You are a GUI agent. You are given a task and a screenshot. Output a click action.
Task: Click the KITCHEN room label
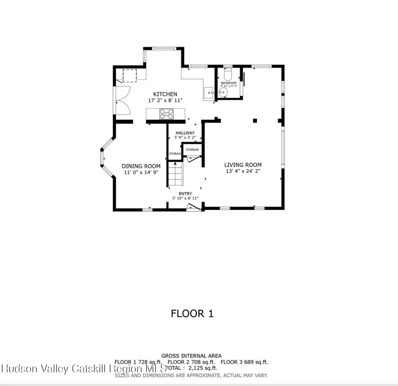click(165, 94)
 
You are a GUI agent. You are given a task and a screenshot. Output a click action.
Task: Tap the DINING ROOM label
click(141, 166)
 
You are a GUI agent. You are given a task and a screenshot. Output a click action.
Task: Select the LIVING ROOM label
click(243, 165)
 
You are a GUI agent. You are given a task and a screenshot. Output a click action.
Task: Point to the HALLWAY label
click(185, 133)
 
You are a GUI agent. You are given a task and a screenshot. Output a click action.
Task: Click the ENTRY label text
click(185, 194)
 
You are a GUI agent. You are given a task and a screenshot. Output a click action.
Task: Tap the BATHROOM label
click(229, 83)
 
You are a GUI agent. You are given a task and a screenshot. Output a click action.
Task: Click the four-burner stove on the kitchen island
click(166, 114)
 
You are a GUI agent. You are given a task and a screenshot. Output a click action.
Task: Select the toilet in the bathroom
click(228, 74)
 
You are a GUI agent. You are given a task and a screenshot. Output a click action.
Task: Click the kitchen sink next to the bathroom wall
click(209, 92)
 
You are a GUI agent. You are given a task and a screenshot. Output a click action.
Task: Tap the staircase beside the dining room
click(176, 174)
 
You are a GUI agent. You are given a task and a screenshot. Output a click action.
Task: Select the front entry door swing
click(194, 207)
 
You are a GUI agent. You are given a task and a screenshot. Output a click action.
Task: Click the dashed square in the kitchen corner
click(129, 76)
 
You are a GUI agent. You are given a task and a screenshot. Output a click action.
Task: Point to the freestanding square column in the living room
click(255, 121)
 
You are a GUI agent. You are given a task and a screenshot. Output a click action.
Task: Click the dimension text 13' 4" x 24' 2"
click(243, 171)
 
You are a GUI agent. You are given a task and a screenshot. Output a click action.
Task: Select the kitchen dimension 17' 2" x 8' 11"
click(165, 100)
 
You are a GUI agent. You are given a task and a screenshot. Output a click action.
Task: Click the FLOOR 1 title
click(192, 314)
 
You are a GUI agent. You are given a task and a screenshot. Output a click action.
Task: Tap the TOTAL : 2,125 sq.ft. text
click(192, 368)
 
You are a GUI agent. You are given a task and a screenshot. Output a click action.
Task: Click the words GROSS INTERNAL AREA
click(191, 356)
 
